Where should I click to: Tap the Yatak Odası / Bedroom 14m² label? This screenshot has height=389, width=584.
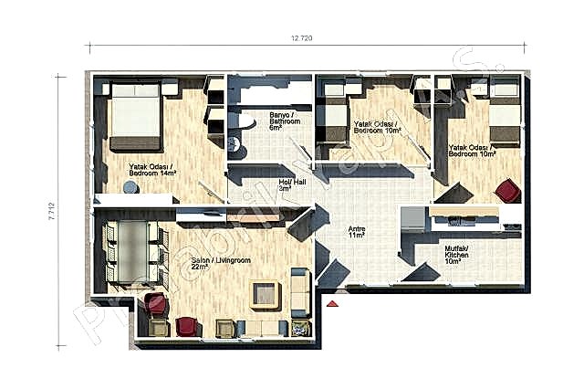tap(153, 169)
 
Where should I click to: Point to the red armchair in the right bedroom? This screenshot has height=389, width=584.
tap(506, 190)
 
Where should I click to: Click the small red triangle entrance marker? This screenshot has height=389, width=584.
tap(335, 303)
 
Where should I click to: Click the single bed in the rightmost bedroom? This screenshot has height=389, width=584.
tap(505, 113)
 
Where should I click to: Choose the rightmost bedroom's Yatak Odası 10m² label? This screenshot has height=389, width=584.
tap(472, 150)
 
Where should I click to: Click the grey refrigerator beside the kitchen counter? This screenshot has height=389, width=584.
tap(412, 221)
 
